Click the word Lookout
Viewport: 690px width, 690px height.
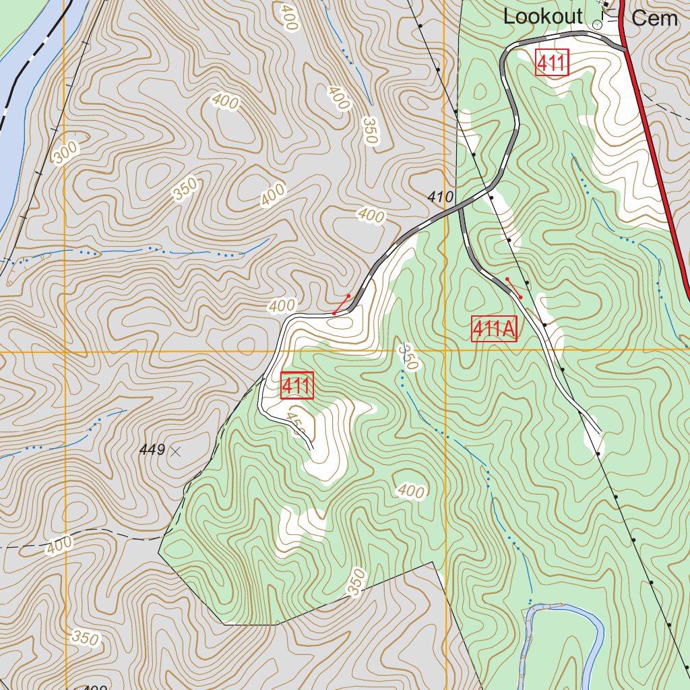click(x=542, y=17)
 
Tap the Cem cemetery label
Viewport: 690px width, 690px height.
click(x=654, y=18)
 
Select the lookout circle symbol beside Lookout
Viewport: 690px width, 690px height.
click(x=597, y=24)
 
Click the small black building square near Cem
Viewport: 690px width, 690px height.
click(x=605, y=5)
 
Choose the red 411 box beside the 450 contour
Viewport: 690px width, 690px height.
click(x=296, y=386)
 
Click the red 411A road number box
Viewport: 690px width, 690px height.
click(x=494, y=329)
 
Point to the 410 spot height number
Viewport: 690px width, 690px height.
click(x=441, y=197)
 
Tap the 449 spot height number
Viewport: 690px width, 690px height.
click(x=152, y=450)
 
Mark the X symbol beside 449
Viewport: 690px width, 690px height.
click(x=176, y=451)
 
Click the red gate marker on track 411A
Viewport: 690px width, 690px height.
click(x=513, y=288)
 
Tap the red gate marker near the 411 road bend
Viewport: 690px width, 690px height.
click(x=341, y=305)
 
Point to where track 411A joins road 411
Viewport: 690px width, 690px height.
click(x=462, y=206)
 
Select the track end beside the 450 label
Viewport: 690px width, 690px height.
click(x=311, y=446)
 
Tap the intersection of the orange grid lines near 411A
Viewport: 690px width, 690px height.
click(x=445, y=350)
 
